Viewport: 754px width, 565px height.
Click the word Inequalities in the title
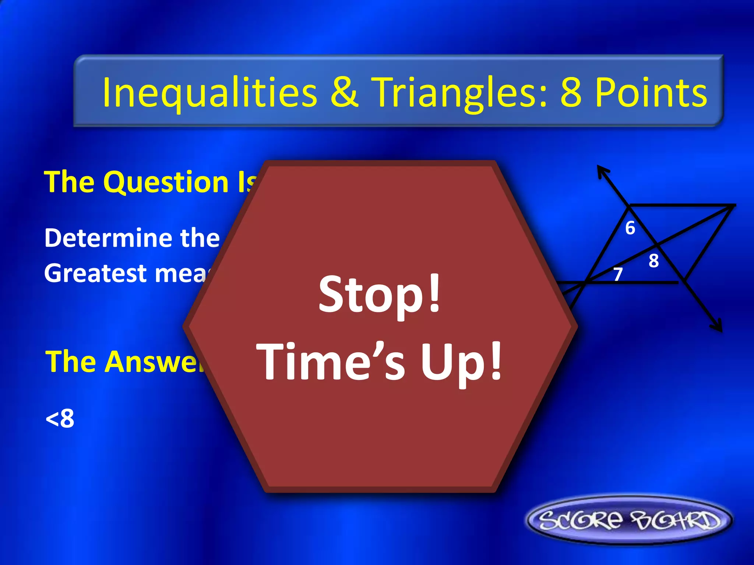[209, 93]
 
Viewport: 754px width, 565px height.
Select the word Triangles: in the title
[460, 93]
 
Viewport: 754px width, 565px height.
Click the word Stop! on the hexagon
[379, 294]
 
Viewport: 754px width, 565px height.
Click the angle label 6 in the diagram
[630, 228]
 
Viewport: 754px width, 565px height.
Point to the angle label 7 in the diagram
[618, 274]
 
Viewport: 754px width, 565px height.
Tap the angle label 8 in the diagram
[653, 261]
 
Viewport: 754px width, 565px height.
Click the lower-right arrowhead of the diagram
[718, 327]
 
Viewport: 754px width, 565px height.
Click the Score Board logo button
[630, 520]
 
